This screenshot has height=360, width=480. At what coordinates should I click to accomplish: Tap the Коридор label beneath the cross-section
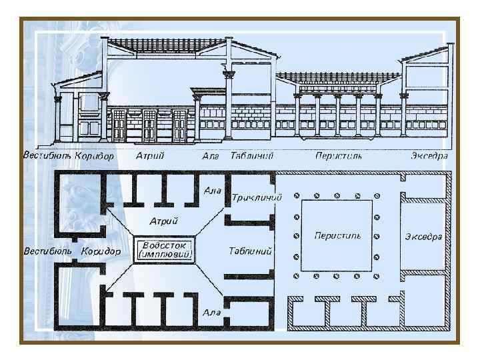click(95, 156)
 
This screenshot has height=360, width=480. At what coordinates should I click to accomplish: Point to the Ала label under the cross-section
click(210, 157)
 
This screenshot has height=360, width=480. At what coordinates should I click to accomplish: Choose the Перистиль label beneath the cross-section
click(339, 157)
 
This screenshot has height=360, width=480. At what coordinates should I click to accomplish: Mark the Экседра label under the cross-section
click(429, 157)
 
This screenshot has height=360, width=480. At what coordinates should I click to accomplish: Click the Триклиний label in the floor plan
click(257, 197)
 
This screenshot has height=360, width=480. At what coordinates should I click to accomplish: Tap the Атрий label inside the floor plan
click(163, 220)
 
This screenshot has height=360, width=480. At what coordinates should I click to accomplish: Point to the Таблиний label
click(250, 252)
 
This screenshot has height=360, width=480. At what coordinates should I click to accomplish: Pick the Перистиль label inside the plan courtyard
click(337, 236)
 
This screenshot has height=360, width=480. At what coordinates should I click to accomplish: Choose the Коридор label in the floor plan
click(100, 251)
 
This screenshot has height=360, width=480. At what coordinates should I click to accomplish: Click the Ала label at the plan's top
click(212, 190)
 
